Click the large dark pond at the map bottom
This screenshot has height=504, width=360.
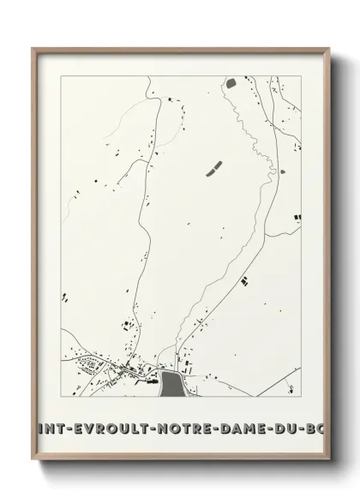click(171, 382)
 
